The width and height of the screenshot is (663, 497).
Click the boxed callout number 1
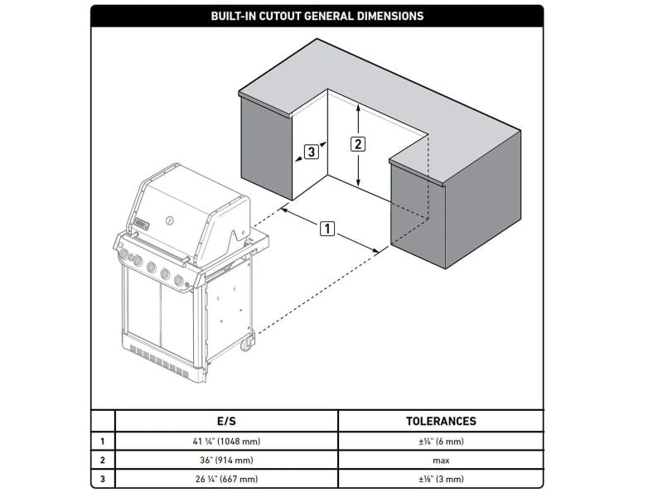327,229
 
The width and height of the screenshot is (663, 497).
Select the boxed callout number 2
358,144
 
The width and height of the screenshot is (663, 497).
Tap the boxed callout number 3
312,152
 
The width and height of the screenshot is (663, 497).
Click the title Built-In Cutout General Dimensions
317,16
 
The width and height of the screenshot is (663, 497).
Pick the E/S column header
226,421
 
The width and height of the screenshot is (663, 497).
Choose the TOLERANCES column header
441,421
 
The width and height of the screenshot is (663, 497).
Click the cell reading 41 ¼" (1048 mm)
226,442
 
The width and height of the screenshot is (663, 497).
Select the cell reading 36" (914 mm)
226,460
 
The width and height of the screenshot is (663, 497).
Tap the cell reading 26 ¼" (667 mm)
226,479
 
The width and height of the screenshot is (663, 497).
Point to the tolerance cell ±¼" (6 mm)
441,442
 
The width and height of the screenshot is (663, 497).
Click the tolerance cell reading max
441,461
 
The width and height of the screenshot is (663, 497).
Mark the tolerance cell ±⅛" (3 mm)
441,479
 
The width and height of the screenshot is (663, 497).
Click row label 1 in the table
102,442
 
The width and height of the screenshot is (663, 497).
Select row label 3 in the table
102,479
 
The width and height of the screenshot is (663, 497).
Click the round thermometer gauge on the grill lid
169,220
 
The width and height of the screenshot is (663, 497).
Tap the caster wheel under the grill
247,344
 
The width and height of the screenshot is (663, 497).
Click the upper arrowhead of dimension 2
358,108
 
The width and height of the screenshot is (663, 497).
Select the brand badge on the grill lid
142,224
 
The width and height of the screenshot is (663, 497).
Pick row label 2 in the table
102,460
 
